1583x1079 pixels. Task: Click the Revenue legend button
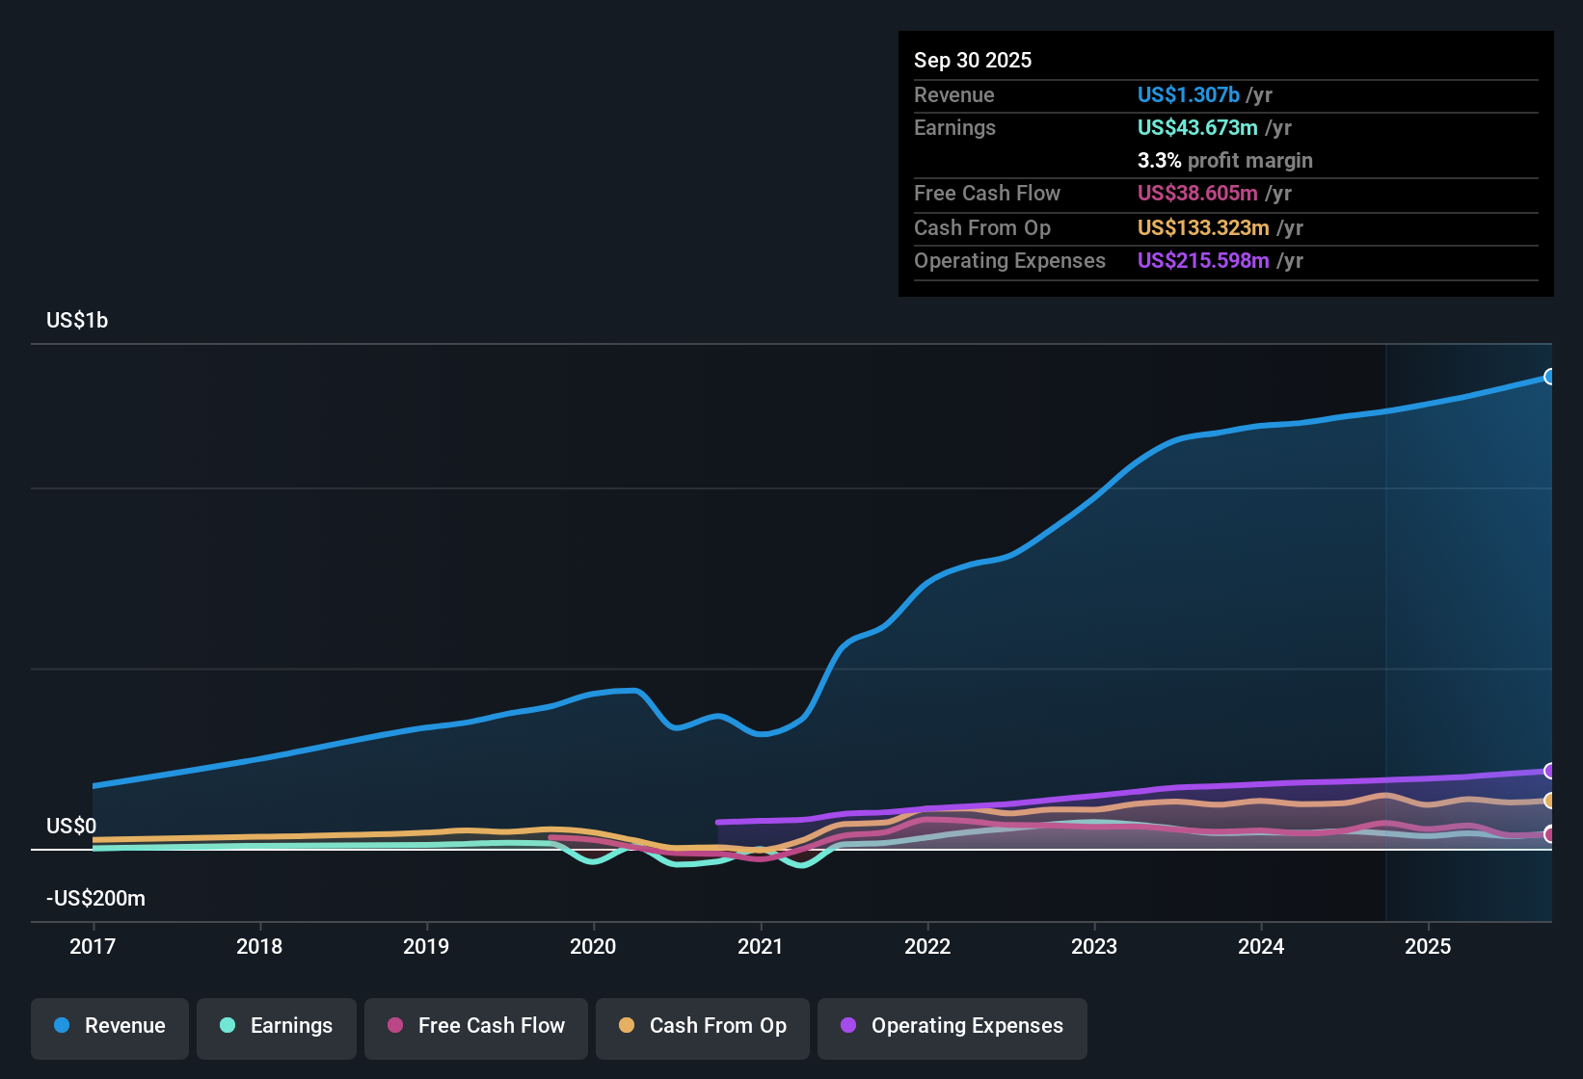pos(110,1026)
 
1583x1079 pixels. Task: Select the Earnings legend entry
pos(277,1026)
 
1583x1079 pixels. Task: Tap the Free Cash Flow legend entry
pos(476,1026)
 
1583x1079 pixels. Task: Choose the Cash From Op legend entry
pos(703,1026)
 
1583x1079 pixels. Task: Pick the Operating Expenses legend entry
pos(952,1026)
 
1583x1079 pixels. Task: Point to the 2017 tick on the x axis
pos(93,946)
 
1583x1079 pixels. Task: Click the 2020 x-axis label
pos(593,946)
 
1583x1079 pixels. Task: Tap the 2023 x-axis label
pos(1094,946)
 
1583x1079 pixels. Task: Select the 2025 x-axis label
pos(1428,946)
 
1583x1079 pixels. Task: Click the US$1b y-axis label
pos(77,321)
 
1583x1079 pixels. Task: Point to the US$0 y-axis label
pos(71,827)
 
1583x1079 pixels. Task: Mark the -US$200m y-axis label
pos(95,899)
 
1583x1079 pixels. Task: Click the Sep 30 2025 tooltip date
pos(973,60)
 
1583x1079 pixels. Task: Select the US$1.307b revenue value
pos(1188,94)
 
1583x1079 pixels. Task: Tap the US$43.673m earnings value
pos(1197,127)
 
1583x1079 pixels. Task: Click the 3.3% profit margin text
pos(1224,160)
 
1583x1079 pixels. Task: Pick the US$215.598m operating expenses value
pos(1203,260)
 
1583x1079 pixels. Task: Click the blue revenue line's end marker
pos(1549,377)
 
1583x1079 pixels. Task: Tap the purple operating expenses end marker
pos(1549,771)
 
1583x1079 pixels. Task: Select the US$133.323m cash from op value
pos(1203,227)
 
